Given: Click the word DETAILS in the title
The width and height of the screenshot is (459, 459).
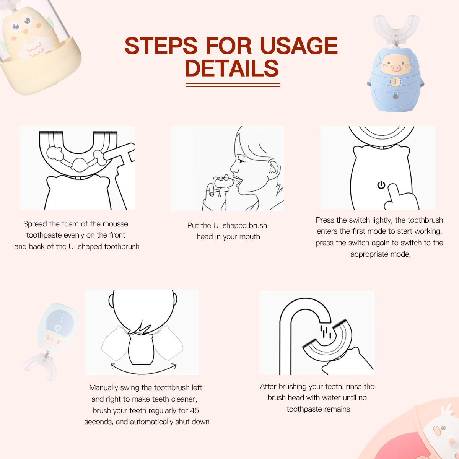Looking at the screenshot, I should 232,68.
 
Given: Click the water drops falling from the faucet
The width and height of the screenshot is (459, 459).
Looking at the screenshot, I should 325,331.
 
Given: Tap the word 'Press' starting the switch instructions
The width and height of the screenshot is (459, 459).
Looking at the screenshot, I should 324,220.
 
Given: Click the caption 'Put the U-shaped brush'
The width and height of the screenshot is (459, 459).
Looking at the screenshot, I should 227,226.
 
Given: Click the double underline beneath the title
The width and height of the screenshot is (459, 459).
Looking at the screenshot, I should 233,85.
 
